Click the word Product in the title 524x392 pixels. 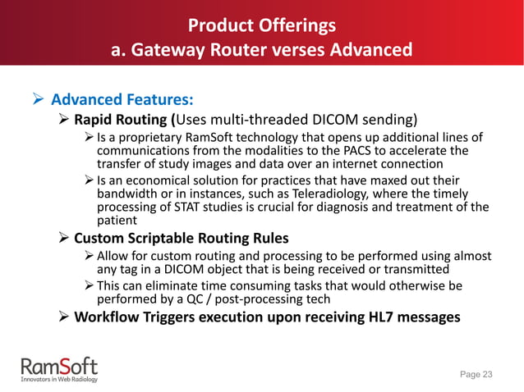[216, 25]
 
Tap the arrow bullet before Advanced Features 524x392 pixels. [37, 101]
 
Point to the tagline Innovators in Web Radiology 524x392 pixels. [57, 379]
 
